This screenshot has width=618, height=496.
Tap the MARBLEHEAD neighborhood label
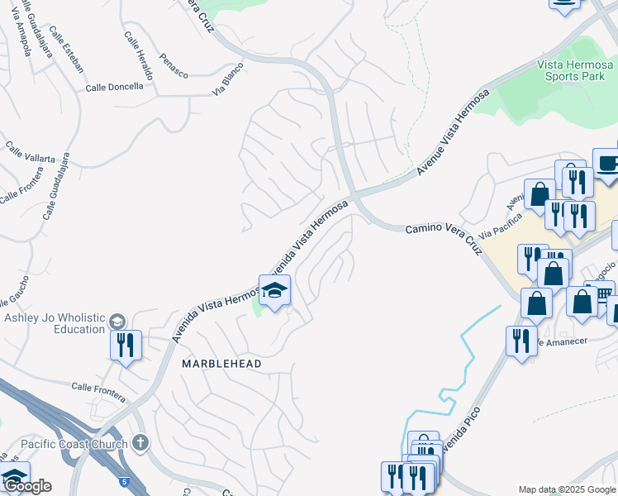click(221, 364)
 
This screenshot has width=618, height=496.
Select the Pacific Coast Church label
click(74, 444)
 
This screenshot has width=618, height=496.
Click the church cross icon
click(140, 443)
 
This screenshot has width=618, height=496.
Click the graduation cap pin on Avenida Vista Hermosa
click(274, 291)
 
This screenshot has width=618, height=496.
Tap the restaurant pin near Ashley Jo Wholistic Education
click(126, 345)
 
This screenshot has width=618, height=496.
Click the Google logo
click(27, 486)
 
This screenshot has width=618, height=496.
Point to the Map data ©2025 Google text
click(567, 489)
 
